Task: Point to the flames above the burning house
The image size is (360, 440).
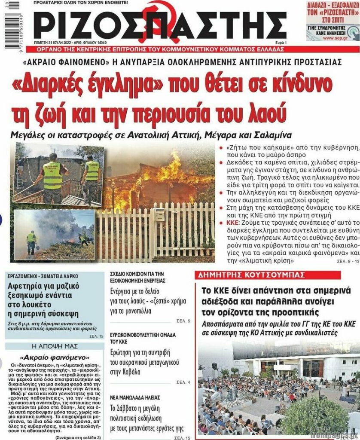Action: pos(172,170)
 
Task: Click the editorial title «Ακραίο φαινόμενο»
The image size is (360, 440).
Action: pos(53,357)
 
